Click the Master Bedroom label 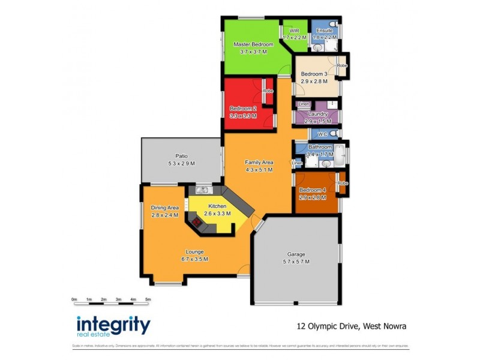253,44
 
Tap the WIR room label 295,30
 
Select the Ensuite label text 325,30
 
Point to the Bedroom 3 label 314,74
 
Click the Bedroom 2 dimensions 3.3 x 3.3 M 244,115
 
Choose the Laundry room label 317,113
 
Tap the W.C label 322,134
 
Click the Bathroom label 320,147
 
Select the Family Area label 259,162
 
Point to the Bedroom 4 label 313,190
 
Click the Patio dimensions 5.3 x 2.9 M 181,163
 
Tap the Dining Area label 165,208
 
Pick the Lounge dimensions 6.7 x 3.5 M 194,259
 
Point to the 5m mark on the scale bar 148,298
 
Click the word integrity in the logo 113,325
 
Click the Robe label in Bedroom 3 342,65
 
